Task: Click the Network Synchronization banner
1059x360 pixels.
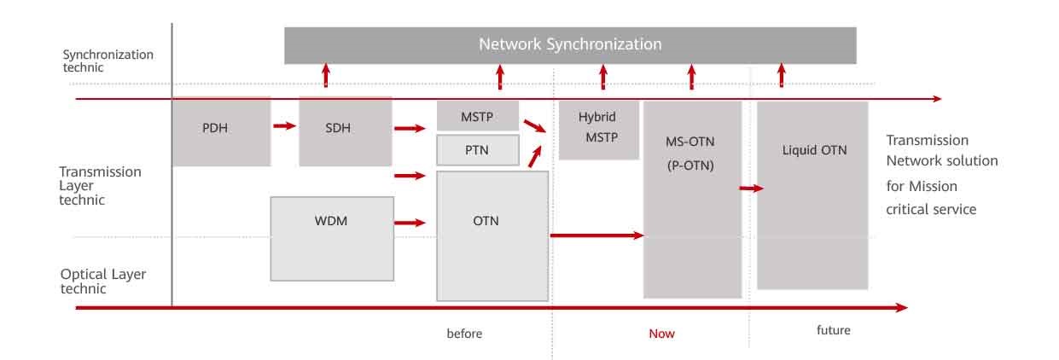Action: pos(569,44)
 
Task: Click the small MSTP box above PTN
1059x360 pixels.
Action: pos(477,115)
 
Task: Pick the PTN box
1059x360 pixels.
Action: pos(477,150)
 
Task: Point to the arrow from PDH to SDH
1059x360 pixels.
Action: pos(284,126)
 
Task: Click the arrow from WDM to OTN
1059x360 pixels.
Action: pos(410,223)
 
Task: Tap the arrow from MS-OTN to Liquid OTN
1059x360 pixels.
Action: pos(751,189)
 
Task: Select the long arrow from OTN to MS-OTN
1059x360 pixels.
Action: pos(596,235)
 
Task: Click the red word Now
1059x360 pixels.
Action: pos(661,334)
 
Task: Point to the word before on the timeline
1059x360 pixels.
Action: pos(464,334)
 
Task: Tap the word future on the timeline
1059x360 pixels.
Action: pos(833,330)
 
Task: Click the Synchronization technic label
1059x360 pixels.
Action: pos(108,61)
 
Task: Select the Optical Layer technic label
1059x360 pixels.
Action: pos(102,282)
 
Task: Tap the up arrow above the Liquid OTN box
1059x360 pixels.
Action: pos(781,75)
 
